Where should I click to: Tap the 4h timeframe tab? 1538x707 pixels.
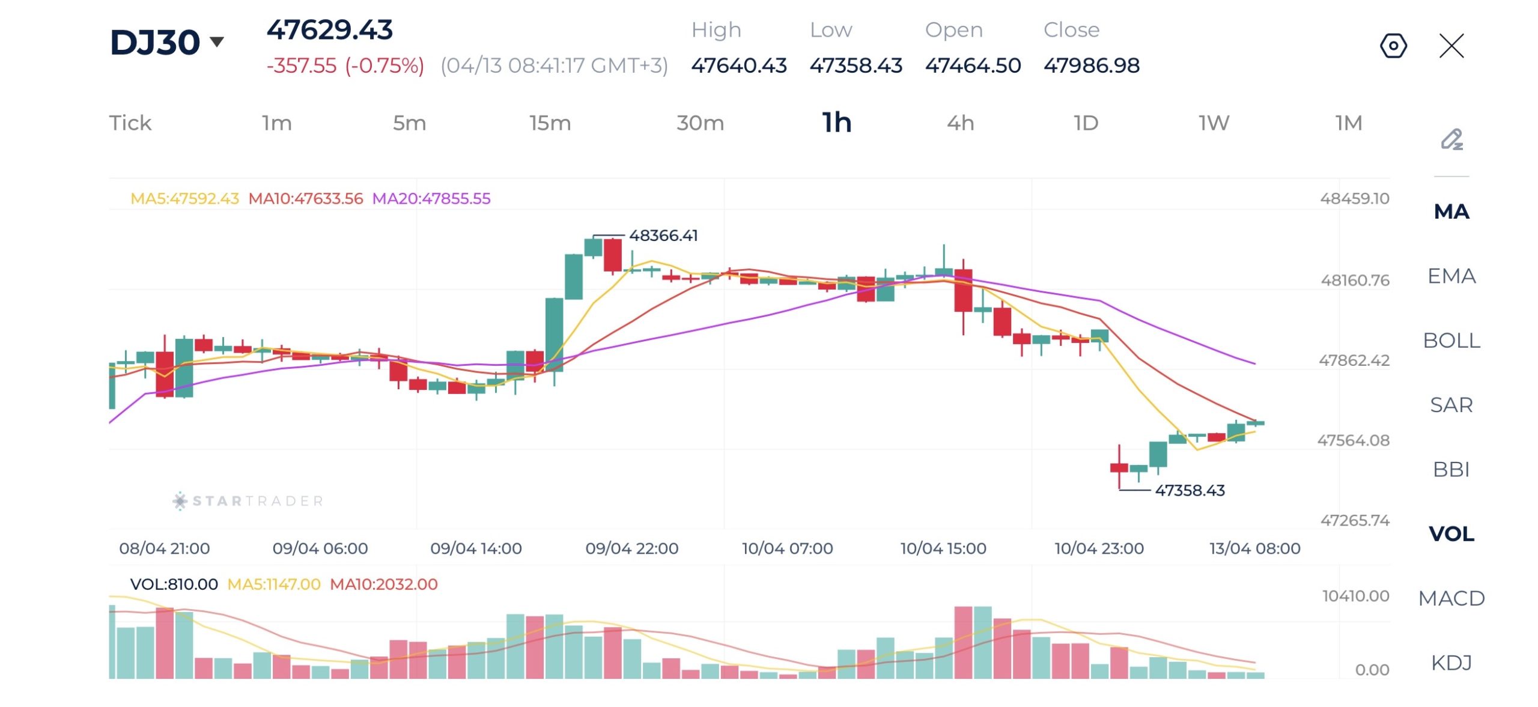959,123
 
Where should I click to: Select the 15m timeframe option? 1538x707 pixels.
550,123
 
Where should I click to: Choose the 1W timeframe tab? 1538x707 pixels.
1214,123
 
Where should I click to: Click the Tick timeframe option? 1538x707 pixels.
130,123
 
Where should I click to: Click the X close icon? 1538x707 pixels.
1451,46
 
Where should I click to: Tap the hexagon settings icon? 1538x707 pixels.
1393,46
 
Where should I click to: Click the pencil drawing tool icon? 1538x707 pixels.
1451,140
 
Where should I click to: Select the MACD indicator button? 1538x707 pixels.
1451,598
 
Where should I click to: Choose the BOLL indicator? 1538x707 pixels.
1451,341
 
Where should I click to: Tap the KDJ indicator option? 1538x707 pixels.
1451,663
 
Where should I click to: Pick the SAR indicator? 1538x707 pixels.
1451,405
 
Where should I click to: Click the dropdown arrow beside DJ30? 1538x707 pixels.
217,41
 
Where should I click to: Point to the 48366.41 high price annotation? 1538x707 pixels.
663,235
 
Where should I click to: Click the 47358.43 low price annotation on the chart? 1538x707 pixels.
1190,490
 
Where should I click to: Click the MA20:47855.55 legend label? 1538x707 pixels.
431,198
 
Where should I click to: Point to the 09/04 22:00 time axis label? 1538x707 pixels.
631,548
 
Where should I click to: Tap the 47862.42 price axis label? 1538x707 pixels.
1354,360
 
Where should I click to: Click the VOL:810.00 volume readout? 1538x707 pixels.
174,584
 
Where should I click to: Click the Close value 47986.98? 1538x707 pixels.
1091,65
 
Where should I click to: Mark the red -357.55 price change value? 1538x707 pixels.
302,65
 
